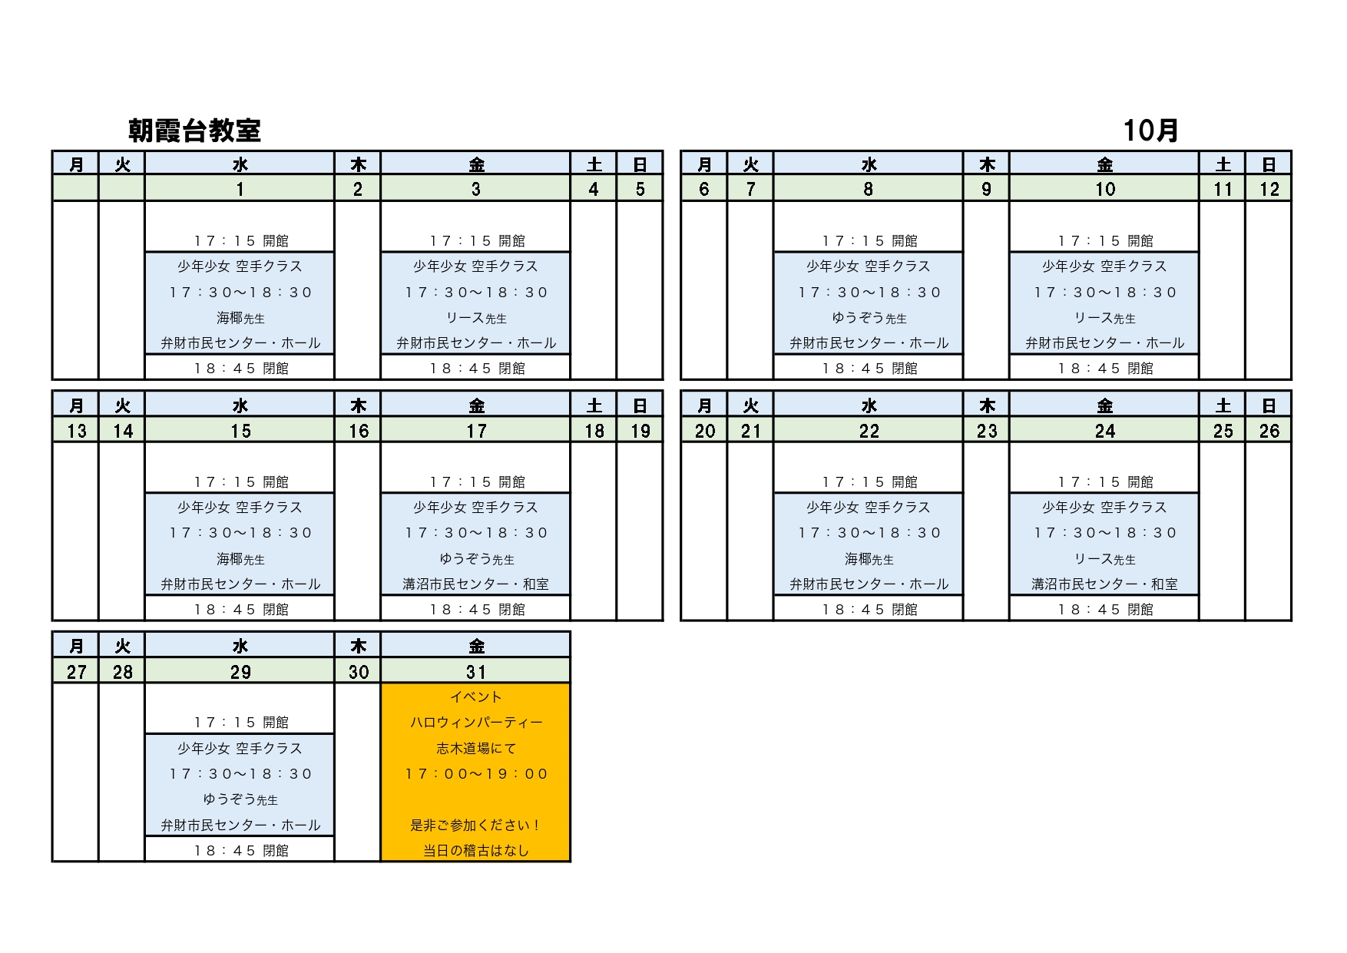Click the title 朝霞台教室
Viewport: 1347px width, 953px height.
pos(194,131)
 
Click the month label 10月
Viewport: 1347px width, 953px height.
pos(1150,131)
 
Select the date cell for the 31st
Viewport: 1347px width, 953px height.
pos(476,672)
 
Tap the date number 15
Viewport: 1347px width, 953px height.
pos(240,431)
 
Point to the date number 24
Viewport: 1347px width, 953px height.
pos(1104,431)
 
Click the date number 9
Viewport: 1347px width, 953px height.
pos(986,189)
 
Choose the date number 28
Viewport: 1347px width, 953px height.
pos(123,672)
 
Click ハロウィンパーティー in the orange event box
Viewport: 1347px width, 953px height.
pos(476,723)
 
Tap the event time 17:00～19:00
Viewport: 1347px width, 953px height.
pos(476,774)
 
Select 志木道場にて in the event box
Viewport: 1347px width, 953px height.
pos(476,748)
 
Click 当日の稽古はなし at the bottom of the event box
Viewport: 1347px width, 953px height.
pos(476,851)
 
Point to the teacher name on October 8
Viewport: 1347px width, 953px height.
pos(869,318)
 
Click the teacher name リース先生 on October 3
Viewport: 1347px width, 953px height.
pos(476,318)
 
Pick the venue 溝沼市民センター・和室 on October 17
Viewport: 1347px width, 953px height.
pos(476,584)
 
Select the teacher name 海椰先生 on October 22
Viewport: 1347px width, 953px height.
pos(869,559)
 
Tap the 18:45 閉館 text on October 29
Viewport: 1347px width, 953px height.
pos(240,851)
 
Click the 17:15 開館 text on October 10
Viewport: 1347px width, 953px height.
pos(1104,241)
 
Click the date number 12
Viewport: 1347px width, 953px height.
pos(1269,189)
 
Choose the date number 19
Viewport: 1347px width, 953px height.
pos(640,431)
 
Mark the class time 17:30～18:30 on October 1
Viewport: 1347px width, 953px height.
pos(240,293)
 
